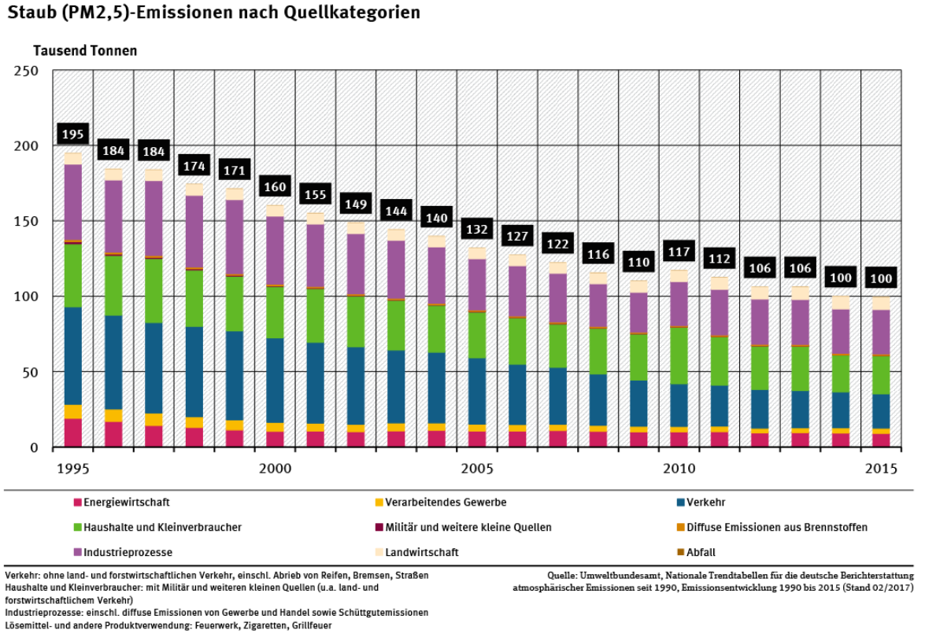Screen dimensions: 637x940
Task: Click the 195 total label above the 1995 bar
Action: pos(73,134)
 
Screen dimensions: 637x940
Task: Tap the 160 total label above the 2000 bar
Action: pos(275,187)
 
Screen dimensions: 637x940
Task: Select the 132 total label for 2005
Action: pos(476,230)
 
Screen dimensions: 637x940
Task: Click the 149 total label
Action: pos(356,204)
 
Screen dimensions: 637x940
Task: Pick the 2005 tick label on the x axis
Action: pos(477,469)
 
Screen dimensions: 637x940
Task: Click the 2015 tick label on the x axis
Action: pos(881,469)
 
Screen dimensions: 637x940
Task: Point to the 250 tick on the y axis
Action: pos(27,71)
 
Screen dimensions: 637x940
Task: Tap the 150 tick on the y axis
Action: pos(27,222)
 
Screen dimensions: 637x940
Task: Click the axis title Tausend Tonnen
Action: pos(85,50)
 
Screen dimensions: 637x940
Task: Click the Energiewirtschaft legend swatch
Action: pos(78,503)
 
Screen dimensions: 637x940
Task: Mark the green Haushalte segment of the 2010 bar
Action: pos(678,355)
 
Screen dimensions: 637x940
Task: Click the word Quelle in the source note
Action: pos(564,576)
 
